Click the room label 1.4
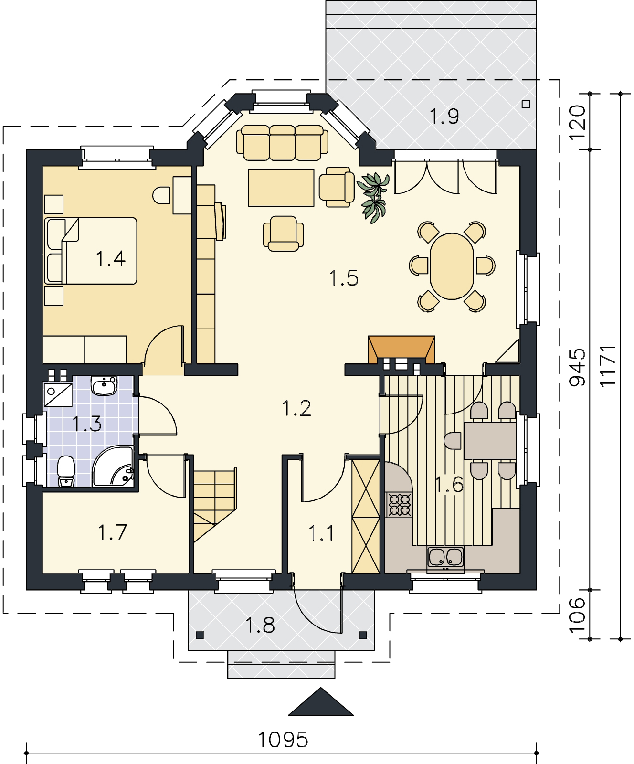point(111,259)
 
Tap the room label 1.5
point(344,277)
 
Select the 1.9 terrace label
point(444,116)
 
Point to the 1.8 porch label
point(260,625)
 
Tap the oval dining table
point(452,265)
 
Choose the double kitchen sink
point(445,559)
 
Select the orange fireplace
point(402,348)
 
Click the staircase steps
point(215,504)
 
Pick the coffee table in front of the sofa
point(281,187)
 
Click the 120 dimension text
point(578,121)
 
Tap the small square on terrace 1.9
point(527,104)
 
